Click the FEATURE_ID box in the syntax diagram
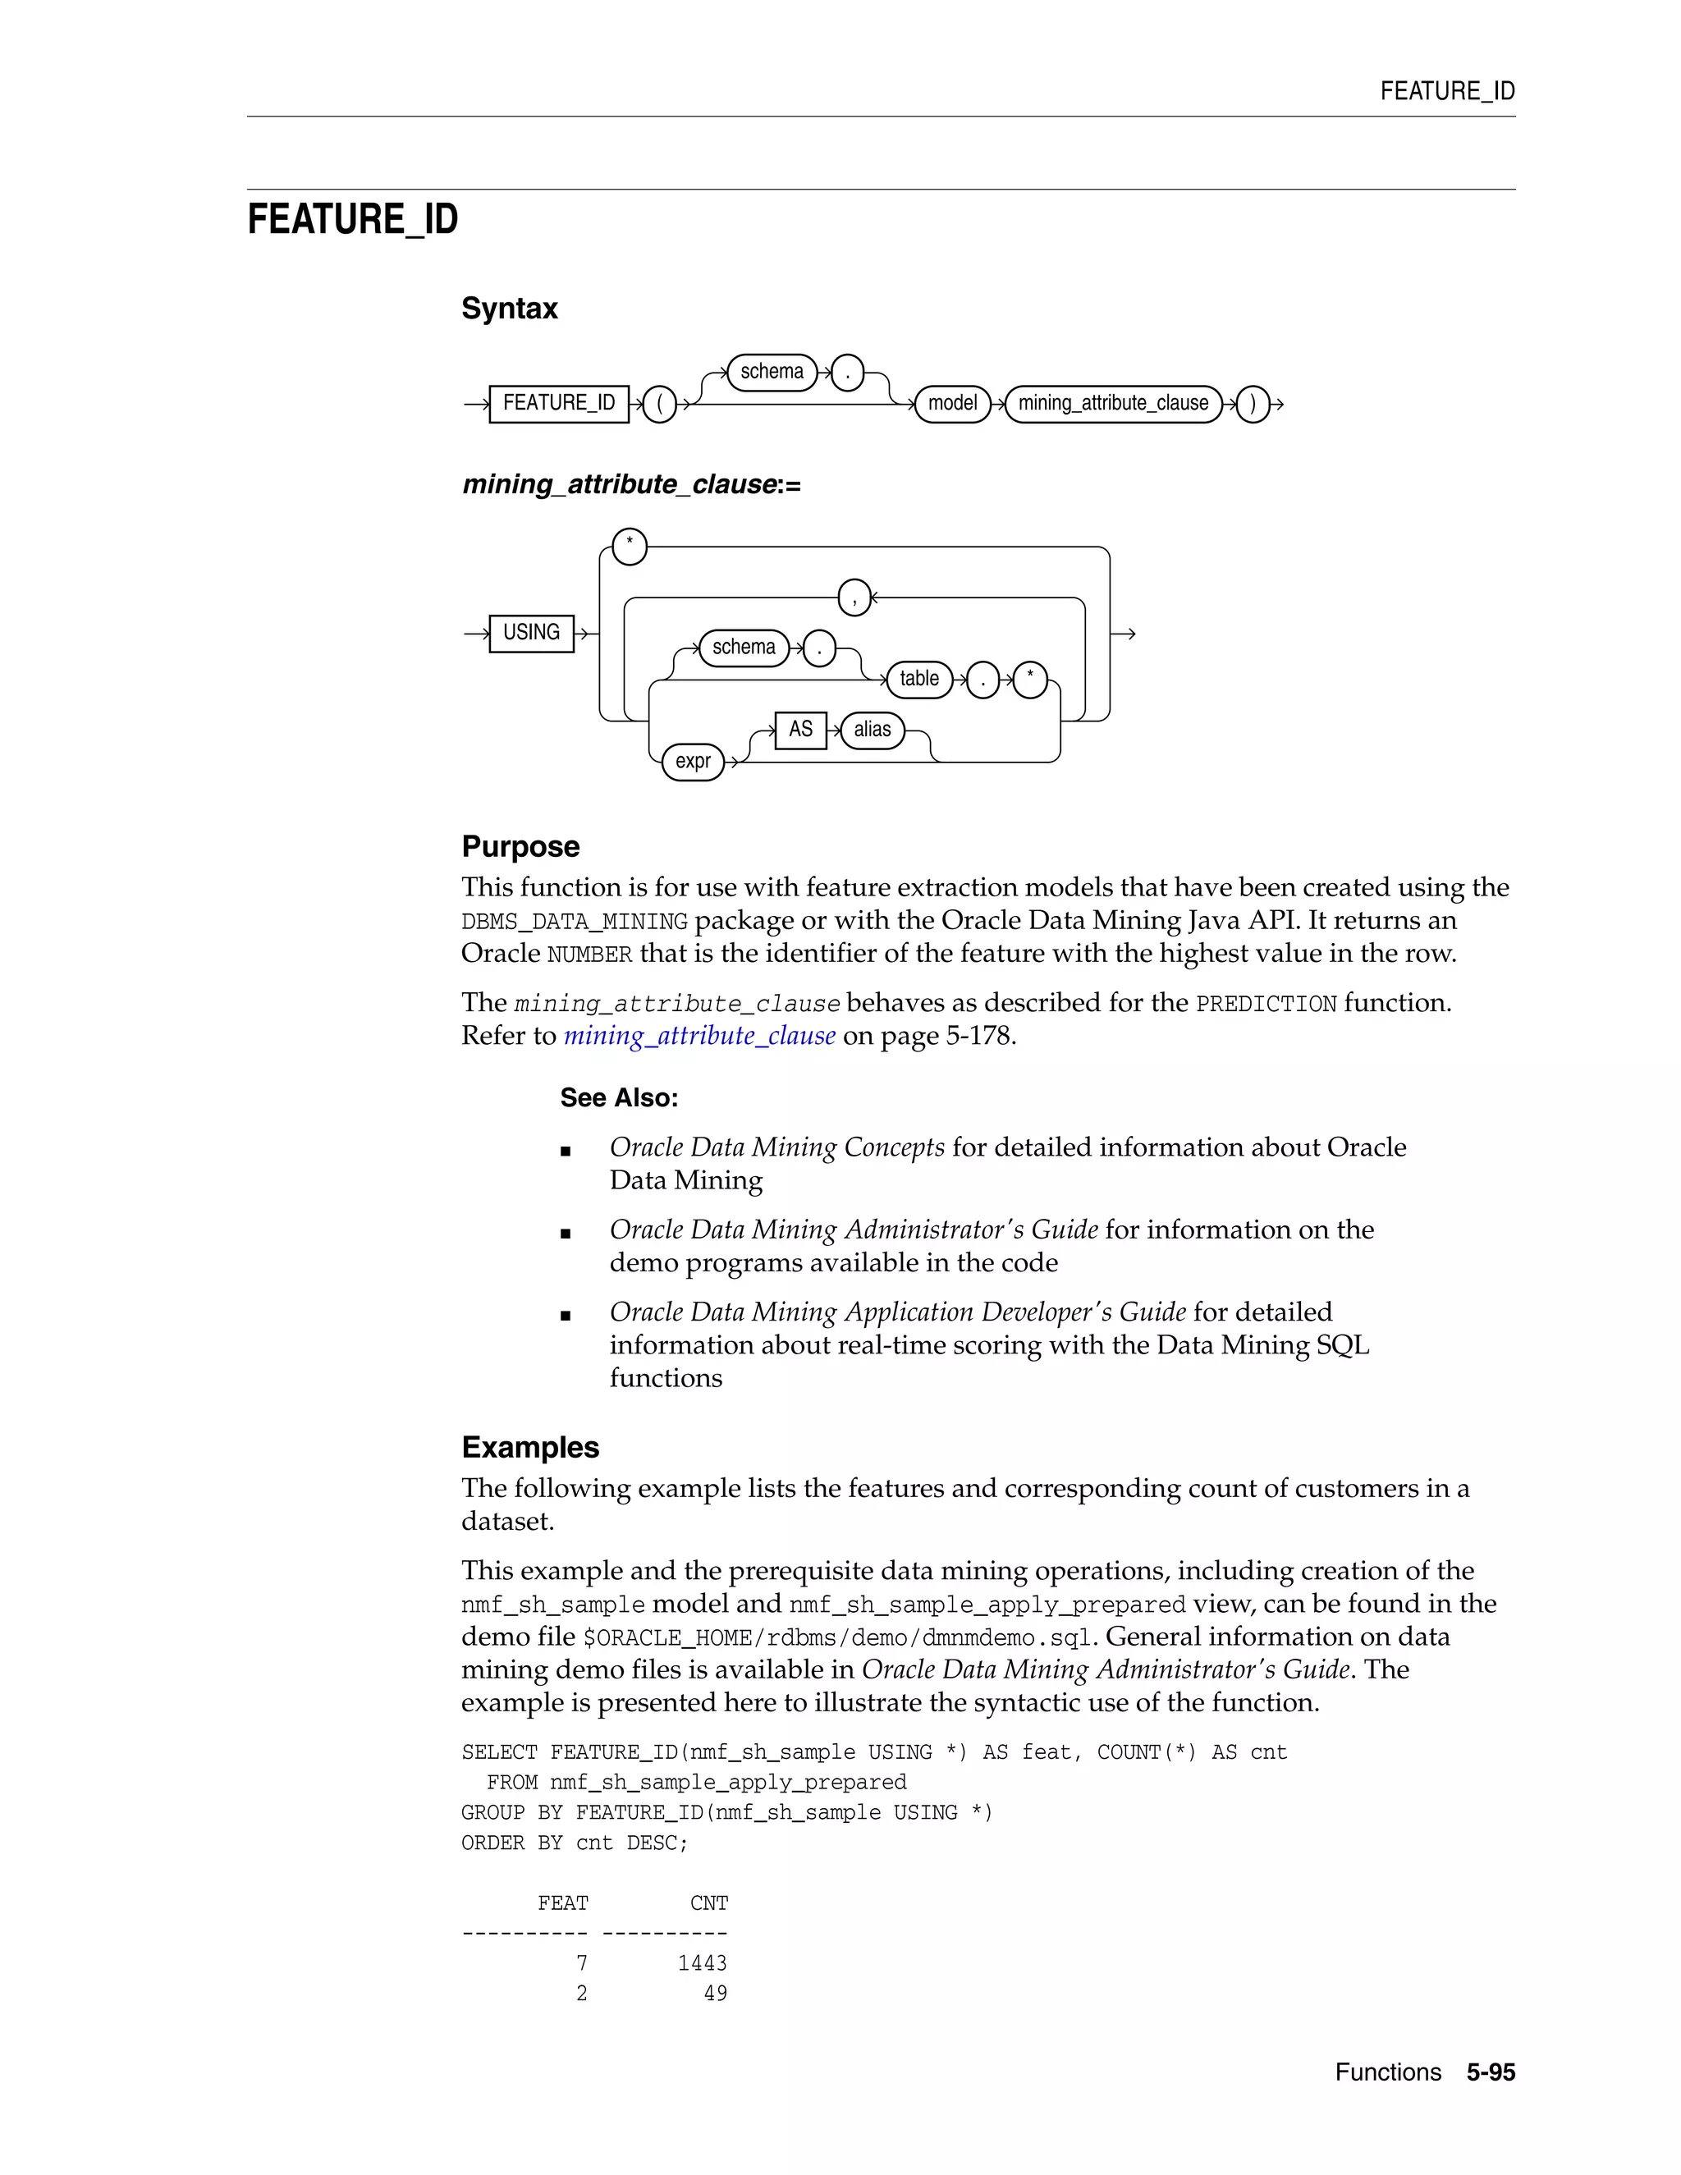(559, 403)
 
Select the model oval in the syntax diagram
(952, 403)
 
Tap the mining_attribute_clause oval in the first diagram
(1112, 403)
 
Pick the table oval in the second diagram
(918, 680)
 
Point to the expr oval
(692, 762)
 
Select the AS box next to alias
(799, 729)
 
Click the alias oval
(872, 729)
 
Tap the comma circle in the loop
(854, 598)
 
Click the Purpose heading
(520, 846)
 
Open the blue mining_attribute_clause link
(699, 1036)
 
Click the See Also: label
(618, 1097)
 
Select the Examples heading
(529, 1447)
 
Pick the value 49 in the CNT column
(715, 1993)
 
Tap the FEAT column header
(562, 1903)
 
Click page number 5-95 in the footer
(1490, 2072)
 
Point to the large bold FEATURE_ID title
(352, 219)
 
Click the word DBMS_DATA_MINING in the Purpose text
(575, 921)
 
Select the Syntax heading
(509, 309)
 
